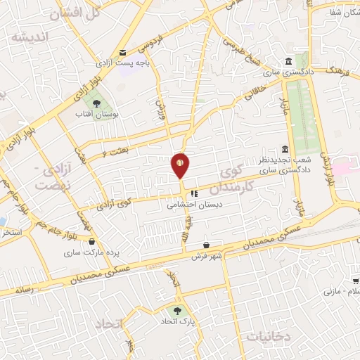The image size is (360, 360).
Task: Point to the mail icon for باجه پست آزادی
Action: (x=123, y=53)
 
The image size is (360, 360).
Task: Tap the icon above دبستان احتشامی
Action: (x=194, y=191)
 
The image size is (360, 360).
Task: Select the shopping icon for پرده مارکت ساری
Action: (x=91, y=241)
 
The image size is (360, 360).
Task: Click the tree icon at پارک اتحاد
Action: (x=176, y=309)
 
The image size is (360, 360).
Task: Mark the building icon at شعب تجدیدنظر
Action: (x=285, y=149)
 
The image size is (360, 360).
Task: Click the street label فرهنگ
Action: (x=333, y=69)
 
